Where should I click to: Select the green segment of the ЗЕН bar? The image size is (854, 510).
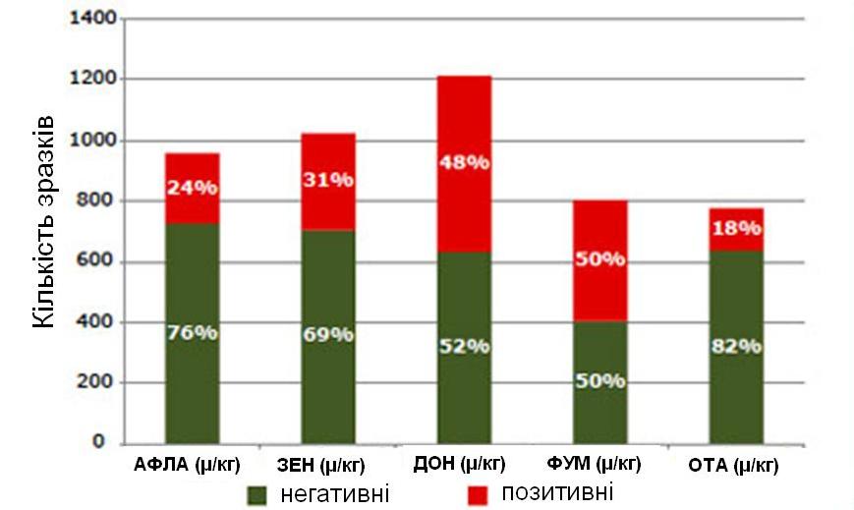coord(328,393)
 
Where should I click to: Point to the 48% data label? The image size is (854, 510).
coord(464,163)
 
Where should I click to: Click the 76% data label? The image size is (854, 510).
coord(193,332)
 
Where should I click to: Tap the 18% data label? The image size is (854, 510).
coord(736,228)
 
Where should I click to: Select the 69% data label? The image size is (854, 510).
coord(328,335)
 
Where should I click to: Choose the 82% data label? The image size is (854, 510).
coord(736,346)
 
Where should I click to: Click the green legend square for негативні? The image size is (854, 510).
coord(256,493)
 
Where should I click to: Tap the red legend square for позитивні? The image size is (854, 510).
coord(478,492)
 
